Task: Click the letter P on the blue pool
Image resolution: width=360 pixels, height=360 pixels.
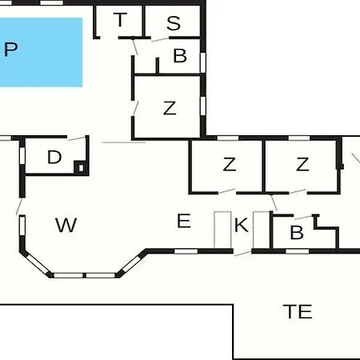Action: click(x=11, y=50)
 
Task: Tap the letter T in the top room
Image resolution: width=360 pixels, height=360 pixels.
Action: click(x=120, y=20)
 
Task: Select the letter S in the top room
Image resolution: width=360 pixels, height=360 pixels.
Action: click(x=174, y=23)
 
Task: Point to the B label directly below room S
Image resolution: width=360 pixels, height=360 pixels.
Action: click(x=180, y=55)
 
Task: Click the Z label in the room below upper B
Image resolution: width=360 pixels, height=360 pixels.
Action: click(x=170, y=108)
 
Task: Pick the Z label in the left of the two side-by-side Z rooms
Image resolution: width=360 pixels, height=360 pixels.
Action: click(x=230, y=164)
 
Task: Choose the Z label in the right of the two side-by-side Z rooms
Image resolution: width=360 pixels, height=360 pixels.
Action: click(x=302, y=164)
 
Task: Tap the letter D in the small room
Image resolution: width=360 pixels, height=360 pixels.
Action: click(x=54, y=157)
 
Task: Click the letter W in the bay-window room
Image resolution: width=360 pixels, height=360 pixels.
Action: click(x=66, y=225)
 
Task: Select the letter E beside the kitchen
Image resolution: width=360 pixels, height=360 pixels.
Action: click(x=184, y=221)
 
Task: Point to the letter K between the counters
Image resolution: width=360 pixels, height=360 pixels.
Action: click(x=242, y=225)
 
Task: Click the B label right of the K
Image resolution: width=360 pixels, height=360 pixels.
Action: click(x=297, y=233)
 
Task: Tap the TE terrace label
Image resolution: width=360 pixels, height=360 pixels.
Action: click(x=298, y=311)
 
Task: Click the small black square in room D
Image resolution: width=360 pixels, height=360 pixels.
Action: click(x=81, y=168)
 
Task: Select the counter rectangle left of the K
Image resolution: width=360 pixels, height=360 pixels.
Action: click(x=222, y=230)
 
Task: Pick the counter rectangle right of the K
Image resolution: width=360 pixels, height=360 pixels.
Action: click(x=262, y=230)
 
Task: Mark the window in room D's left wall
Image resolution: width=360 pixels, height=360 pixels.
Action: click(x=22, y=155)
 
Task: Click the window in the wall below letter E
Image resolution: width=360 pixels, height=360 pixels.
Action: click(x=186, y=251)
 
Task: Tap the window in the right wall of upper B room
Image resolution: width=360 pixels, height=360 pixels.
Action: click(x=203, y=62)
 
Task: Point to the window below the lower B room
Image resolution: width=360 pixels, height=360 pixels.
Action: click(x=298, y=251)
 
